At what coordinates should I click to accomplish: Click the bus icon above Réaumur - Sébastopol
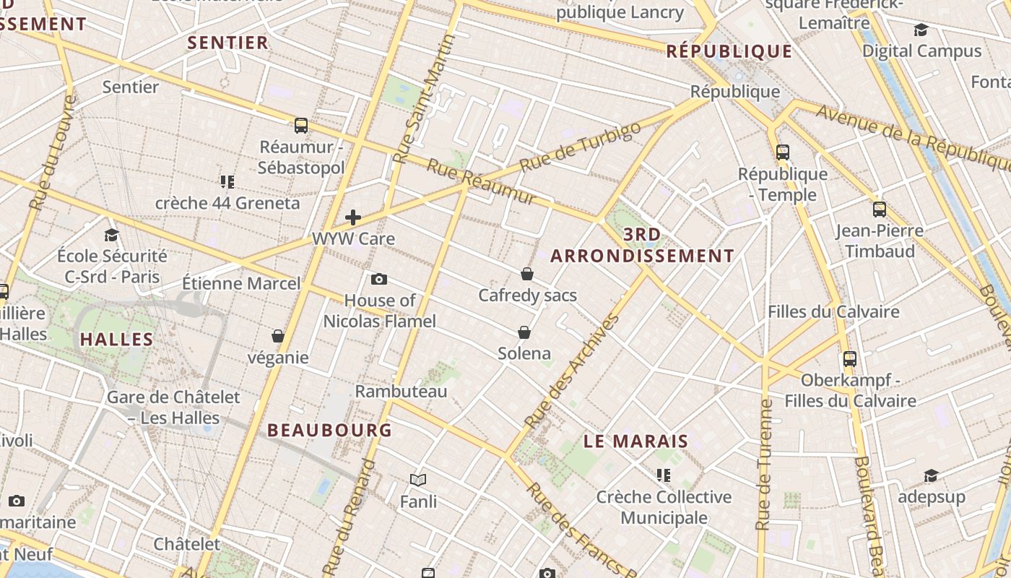pyautogui.click(x=301, y=126)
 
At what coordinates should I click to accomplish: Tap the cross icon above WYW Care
pyautogui.click(x=353, y=217)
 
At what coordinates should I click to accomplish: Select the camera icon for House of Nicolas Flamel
pyautogui.click(x=379, y=279)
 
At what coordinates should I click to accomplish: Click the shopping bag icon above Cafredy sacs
pyautogui.click(x=527, y=274)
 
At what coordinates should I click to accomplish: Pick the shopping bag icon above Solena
pyautogui.click(x=524, y=332)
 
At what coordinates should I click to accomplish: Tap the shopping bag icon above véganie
pyautogui.click(x=278, y=336)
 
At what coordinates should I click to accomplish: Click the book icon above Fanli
pyautogui.click(x=418, y=480)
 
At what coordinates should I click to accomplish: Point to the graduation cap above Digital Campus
pyautogui.click(x=921, y=30)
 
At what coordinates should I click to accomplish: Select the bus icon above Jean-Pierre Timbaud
pyautogui.click(x=879, y=210)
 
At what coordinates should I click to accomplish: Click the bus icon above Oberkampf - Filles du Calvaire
pyautogui.click(x=850, y=358)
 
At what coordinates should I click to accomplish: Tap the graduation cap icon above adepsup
pyautogui.click(x=931, y=476)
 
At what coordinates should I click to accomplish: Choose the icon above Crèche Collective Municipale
pyautogui.click(x=664, y=475)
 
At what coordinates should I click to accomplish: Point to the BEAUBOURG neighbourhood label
pyautogui.click(x=330, y=430)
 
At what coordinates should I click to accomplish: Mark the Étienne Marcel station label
pyautogui.click(x=241, y=283)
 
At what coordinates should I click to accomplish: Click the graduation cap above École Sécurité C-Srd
pyautogui.click(x=111, y=235)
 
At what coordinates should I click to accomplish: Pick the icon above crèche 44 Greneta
pyautogui.click(x=227, y=182)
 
